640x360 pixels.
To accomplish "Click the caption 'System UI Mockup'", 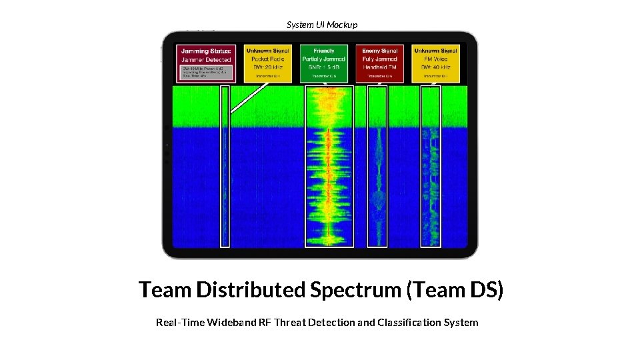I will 322,25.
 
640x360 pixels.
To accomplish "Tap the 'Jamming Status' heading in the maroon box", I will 207,51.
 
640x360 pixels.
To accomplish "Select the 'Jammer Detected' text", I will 207,60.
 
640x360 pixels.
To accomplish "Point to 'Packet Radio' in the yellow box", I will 267,59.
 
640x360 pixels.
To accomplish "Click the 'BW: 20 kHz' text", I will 267,67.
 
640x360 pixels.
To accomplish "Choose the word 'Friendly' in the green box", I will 323,51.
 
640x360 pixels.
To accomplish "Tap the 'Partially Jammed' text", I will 323,59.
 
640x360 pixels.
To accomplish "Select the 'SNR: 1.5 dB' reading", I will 323,67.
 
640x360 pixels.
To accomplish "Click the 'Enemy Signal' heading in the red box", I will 380,51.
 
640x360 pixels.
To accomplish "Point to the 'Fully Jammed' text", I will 380,59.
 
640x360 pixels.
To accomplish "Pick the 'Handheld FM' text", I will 380,67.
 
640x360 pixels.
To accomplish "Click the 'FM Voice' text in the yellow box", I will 435,59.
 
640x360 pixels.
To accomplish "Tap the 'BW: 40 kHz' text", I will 435,67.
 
